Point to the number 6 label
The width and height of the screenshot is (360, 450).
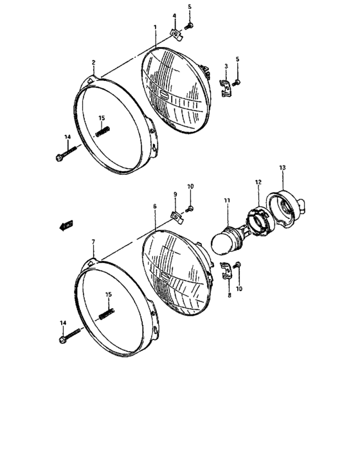tap(155, 206)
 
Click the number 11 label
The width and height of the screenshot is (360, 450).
tap(226, 201)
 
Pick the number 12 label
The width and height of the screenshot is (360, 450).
tap(258, 183)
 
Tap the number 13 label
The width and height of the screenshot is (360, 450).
tap(282, 167)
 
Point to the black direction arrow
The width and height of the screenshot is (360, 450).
tap(64, 224)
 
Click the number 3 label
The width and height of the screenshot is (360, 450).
tap(226, 66)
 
